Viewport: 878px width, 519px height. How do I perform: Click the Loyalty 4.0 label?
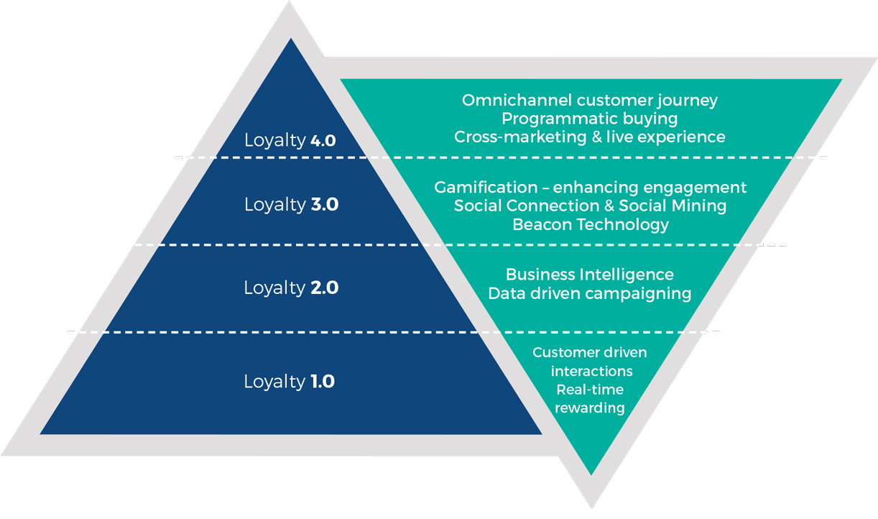(x=290, y=140)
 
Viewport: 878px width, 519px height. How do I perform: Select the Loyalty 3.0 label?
(x=291, y=205)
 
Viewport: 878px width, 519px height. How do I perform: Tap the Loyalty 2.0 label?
(x=291, y=288)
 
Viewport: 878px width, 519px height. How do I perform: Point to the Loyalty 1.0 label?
(x=290, y=382)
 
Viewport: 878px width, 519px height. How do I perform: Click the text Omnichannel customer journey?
(x=590, y=100)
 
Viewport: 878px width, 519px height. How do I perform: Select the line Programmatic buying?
(x=590, y=118)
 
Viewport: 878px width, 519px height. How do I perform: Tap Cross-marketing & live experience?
(x=590, y=137)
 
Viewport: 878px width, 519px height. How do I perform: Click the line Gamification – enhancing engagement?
(x=590, y=188)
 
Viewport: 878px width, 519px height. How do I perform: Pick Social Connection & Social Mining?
(x=590, y=206)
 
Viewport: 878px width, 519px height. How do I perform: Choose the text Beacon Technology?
(x=590, y=225)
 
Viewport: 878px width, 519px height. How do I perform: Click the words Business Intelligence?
(x=590, y=275)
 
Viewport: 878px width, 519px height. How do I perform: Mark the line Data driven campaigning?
(x=590, y=293)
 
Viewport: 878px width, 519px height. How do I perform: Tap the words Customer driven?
(x=590, y=352)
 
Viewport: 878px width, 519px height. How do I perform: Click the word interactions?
(x=592, y=371)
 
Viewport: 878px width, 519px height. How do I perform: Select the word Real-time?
(x=590, y=390)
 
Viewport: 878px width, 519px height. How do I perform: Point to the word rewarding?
(x=590, y=408)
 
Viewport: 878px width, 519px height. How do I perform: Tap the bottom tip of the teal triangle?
(x=591, y=474)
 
